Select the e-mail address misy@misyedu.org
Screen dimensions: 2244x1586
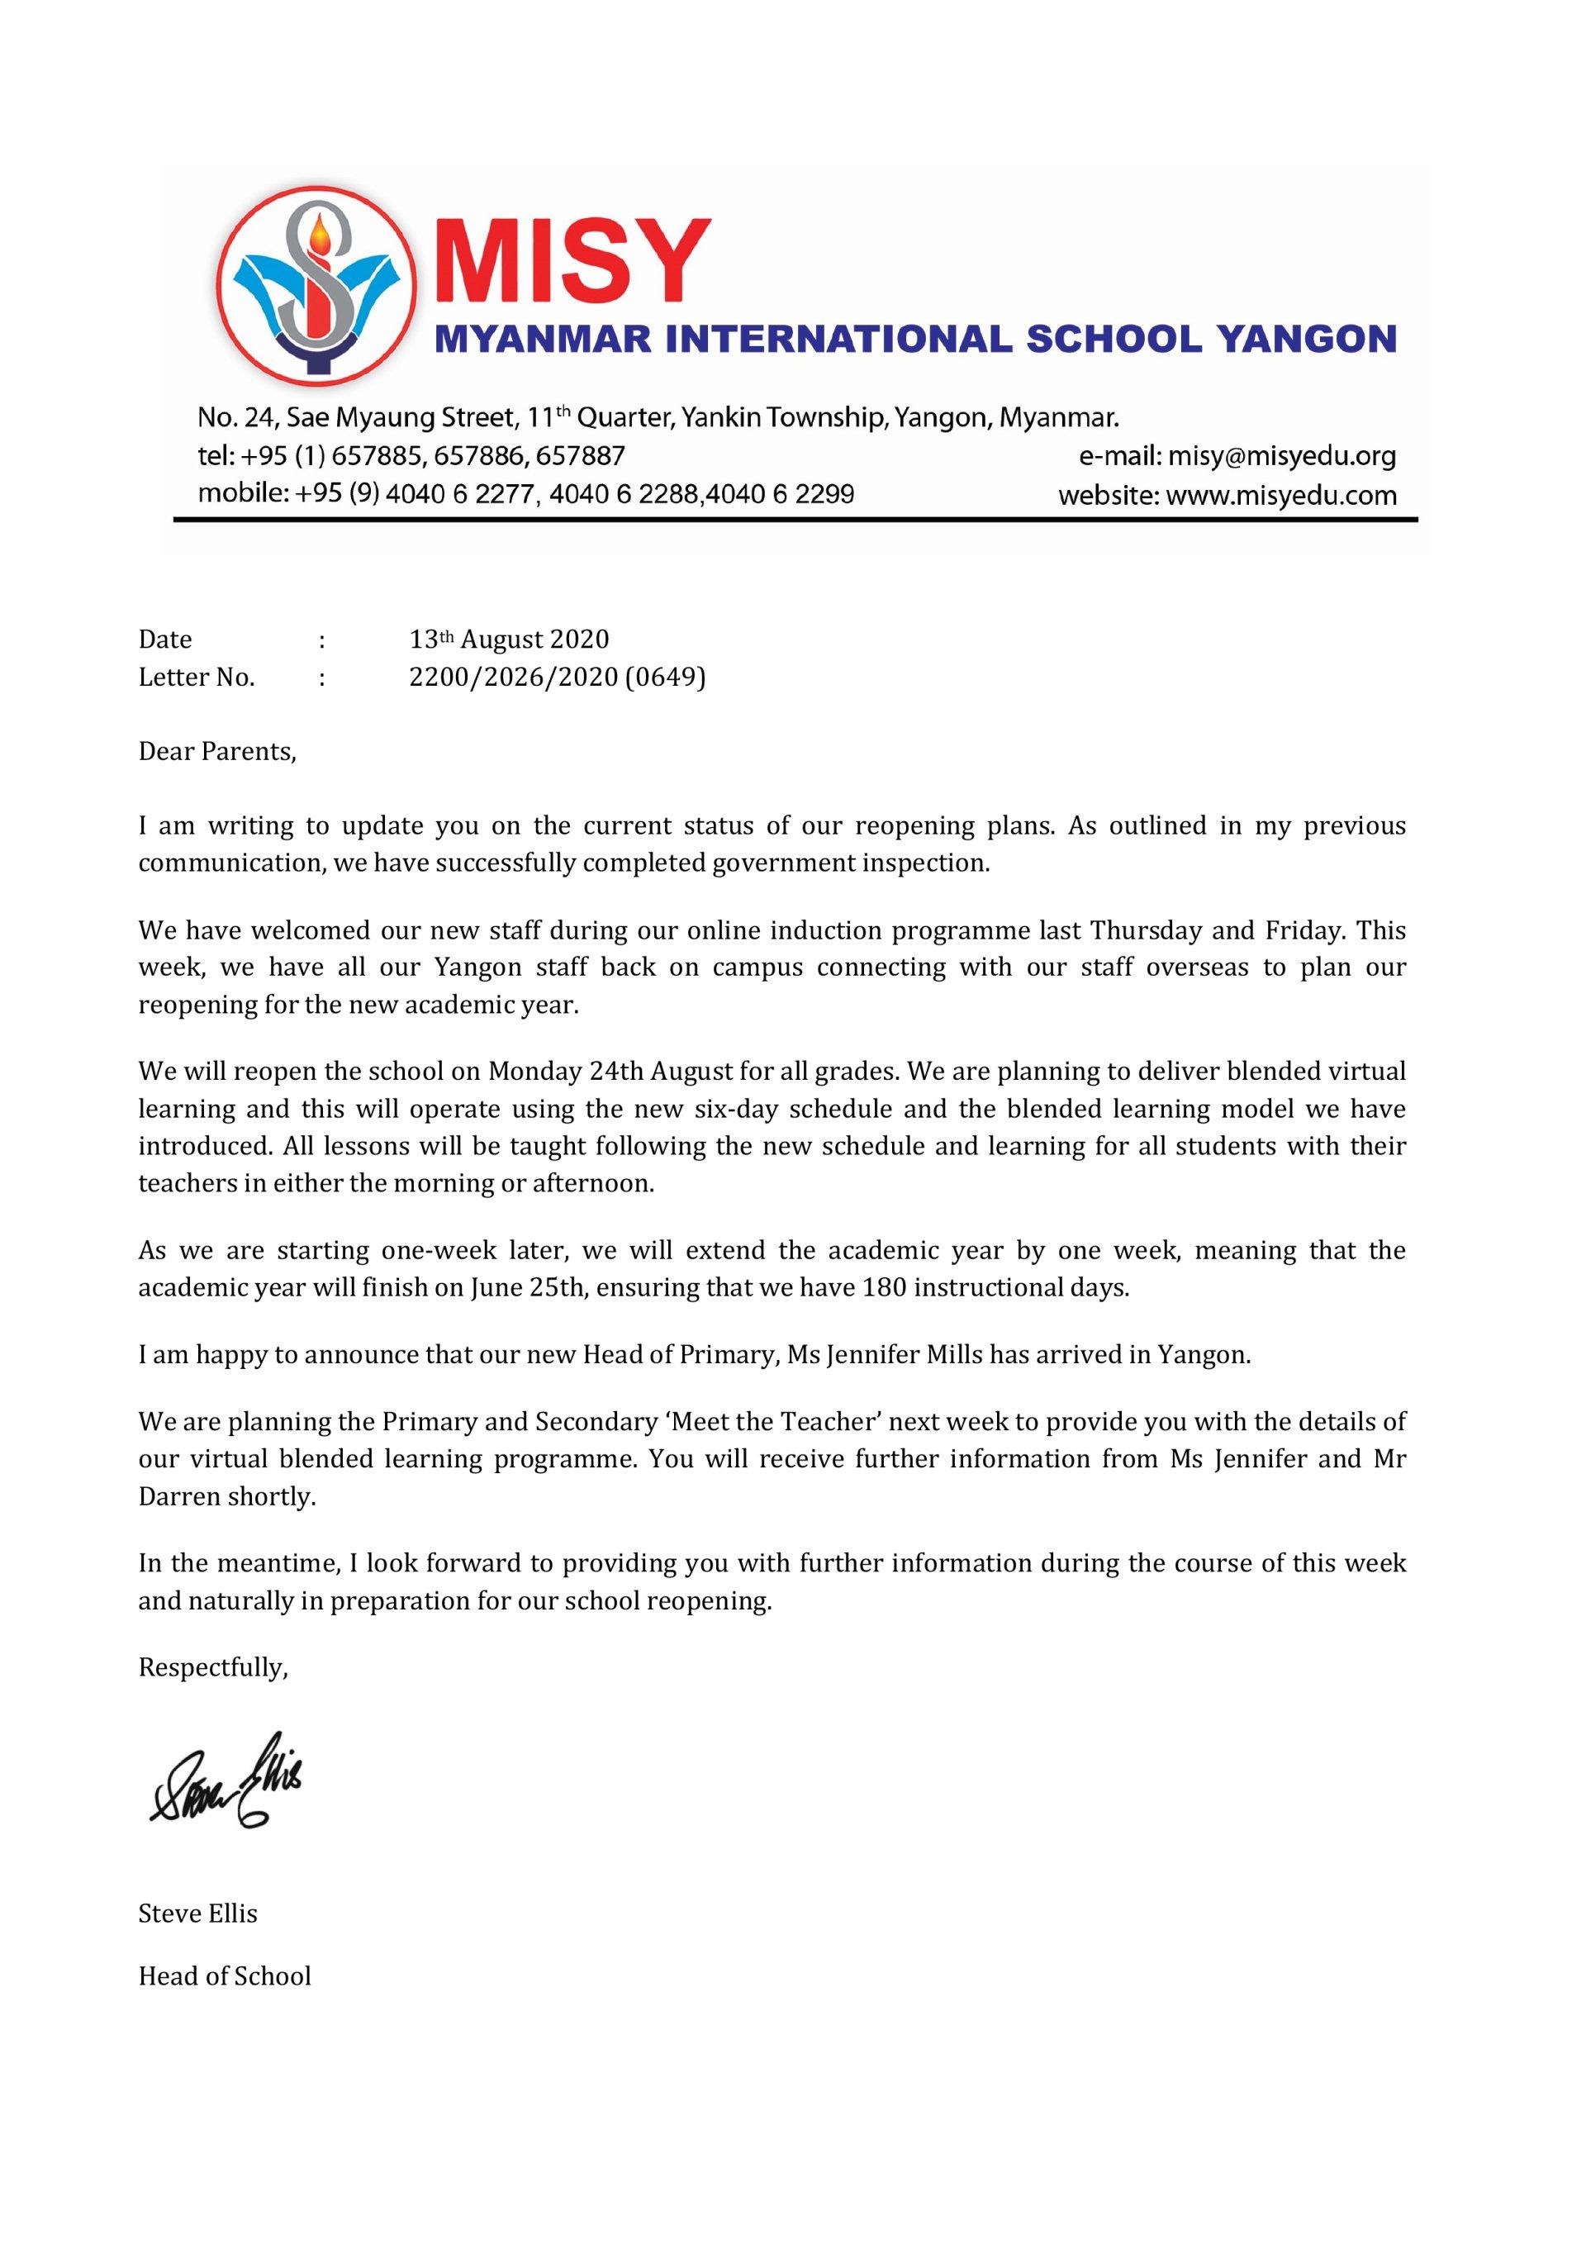click(x=1281, y=456)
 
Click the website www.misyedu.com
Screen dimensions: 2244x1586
click(x=1281, y=496)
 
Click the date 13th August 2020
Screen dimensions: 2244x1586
click(x=508, y=639)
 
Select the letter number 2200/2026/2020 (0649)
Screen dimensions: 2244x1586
click(x=557, y=677)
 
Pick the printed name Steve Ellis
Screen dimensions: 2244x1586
click(x=197, y=1913)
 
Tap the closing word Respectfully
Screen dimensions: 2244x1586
click(x=213, y=1666)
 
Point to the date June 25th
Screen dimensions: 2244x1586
click(x=529, y=1287)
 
